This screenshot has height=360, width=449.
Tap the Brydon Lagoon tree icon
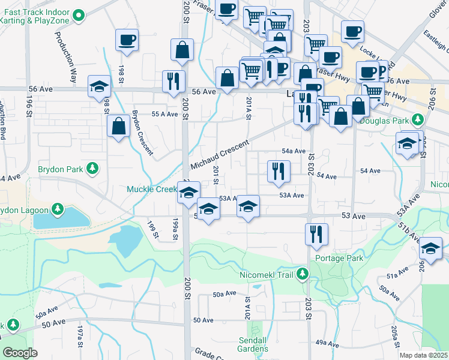(57, 209)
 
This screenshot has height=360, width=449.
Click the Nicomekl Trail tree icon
(303, 274)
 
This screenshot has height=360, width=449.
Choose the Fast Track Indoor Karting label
(37, 14)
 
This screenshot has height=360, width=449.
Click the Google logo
(19, 353)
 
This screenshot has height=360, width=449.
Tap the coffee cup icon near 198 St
(127, 40)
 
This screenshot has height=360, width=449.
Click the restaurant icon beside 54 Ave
(279, 170)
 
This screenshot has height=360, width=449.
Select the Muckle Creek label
(151, 189)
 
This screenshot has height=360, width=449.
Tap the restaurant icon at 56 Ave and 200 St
(173, 80)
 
